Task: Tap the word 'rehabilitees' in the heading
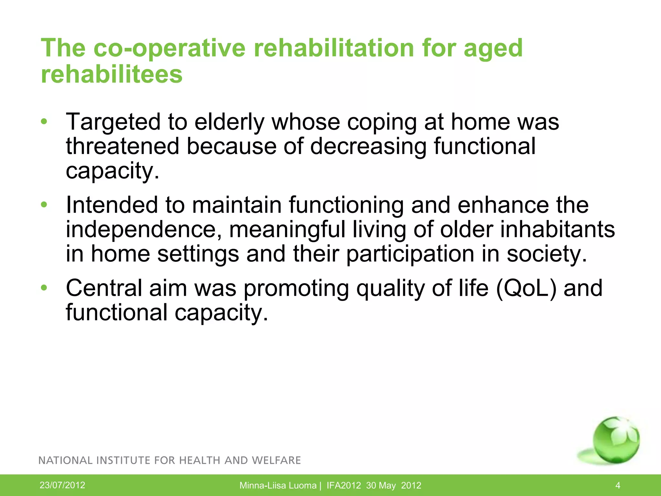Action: (112, 74)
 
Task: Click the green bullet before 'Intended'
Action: (44, 205)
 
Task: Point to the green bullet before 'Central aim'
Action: (44, 287)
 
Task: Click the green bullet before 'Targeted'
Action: (44, 122)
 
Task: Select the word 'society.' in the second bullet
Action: (547, 254)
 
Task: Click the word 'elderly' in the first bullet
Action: (229, 122)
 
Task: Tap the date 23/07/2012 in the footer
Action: (62, 485)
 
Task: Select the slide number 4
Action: (618, 485)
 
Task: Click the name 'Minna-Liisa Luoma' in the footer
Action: (278, 485)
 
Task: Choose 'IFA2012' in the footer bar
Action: (343, 485)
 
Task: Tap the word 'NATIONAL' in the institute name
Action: (66, 460)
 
